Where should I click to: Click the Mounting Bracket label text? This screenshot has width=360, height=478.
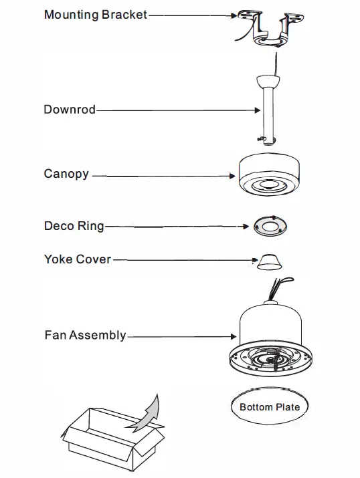(95, 14)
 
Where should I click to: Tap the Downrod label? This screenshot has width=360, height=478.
(70, 110)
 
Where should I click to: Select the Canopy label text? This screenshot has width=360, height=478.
(66, 174)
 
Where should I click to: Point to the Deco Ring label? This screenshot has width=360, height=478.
(74, 226)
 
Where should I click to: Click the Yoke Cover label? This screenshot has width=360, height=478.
(78, 259)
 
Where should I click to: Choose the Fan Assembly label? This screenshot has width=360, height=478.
(85, 335)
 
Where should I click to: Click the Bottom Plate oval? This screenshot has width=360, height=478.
(270, 406)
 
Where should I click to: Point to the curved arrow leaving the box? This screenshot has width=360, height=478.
(149, 411)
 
